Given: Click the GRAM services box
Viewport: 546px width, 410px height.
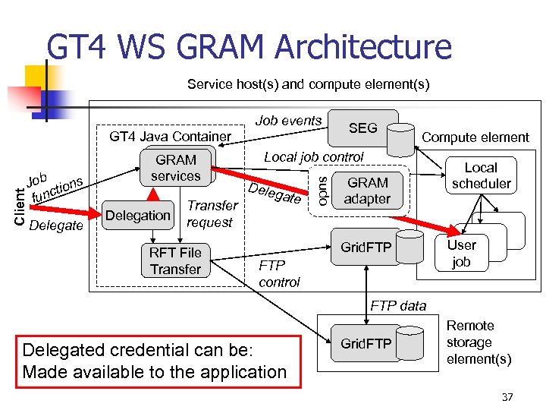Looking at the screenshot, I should [x=175, y=168].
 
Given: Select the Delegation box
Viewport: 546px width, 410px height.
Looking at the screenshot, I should [x=137, y=215].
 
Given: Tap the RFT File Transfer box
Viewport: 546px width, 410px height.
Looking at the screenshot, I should [x=175, y=260].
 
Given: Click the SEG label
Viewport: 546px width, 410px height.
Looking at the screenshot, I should [x=362, y=128].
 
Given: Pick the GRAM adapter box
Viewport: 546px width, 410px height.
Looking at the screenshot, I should [x=368, y=191].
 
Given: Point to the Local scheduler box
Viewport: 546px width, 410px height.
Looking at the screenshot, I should [x=481, y=175].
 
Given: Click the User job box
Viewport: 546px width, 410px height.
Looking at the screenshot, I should [x=461, y=253].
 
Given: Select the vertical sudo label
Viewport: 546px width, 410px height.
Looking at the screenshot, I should [x=321, y=189].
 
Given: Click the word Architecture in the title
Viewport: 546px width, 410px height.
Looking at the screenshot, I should [x=363, y=48].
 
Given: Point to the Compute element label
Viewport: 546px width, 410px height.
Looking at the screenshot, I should [x=475, y=137].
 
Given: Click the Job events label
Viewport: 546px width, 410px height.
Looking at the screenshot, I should [x=288, y=120].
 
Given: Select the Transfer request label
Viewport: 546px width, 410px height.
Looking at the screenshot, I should [x=212, y=213].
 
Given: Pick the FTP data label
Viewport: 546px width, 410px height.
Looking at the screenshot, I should [x=398, y=305].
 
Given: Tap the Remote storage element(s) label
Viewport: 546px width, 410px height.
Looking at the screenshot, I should [x=478, y=342].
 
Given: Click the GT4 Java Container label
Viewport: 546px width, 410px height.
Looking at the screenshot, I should [x=170, y=137].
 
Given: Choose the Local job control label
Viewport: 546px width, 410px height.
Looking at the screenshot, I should [x=313, y=156].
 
